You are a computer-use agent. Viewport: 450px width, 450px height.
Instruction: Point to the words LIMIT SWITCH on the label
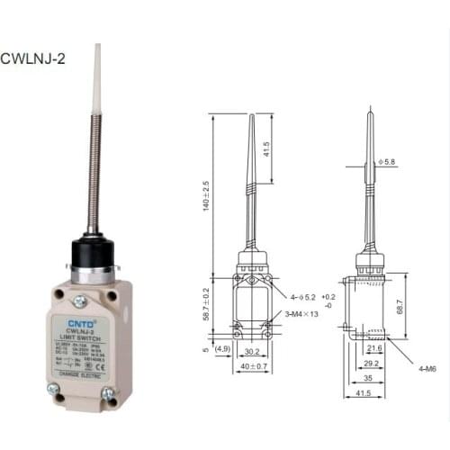tap(82, 336)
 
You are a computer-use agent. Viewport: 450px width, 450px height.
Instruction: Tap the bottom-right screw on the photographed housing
tap(109, 392)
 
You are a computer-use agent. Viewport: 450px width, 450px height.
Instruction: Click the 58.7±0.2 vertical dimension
tap(205, 304)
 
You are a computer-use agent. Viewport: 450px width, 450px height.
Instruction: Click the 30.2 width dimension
tap(253, 353)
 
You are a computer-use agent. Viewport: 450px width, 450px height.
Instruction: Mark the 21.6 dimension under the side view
tap(374, 346)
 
